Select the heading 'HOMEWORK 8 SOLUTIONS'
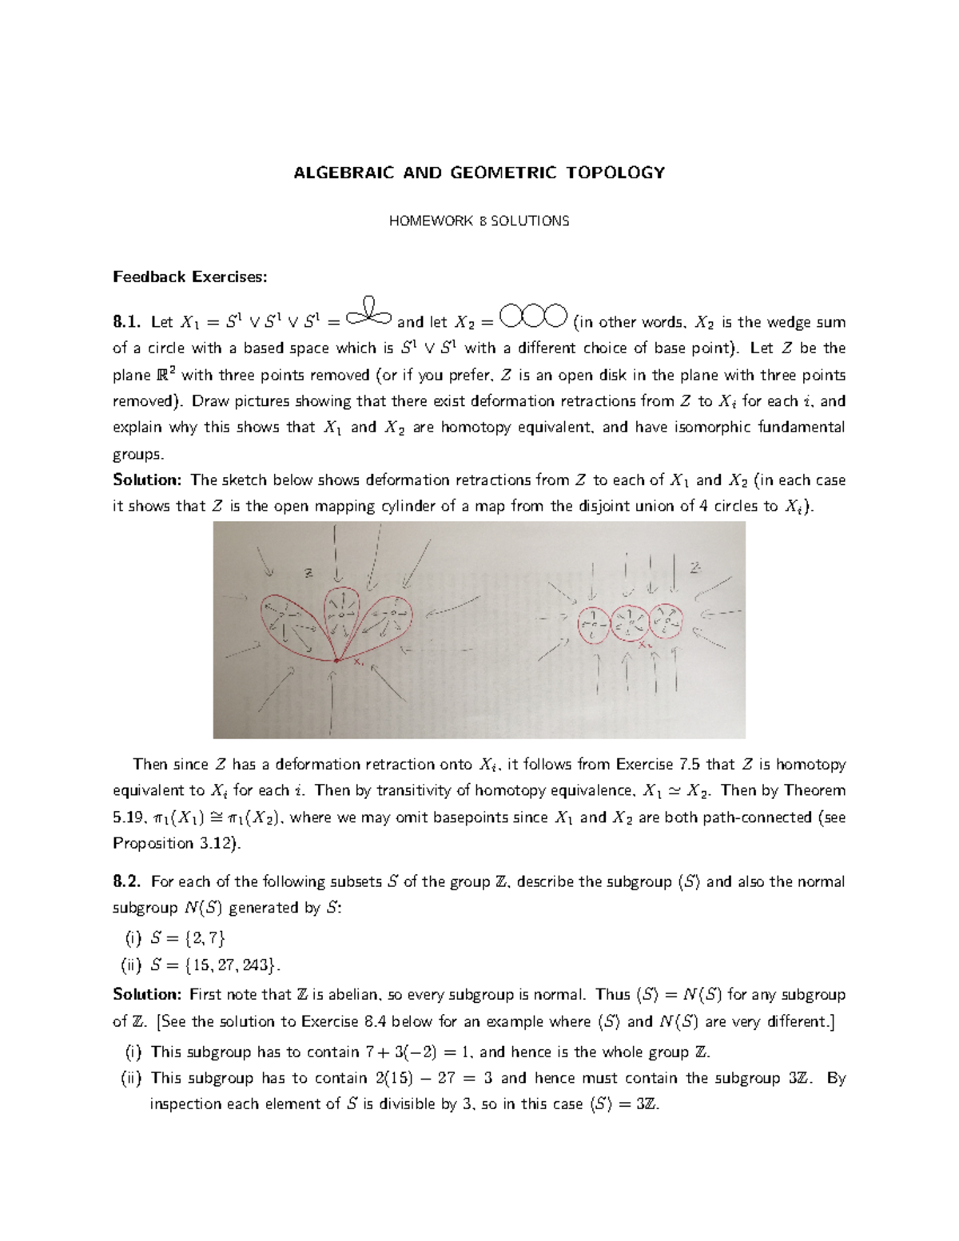coord(479,221)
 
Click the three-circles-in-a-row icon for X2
coord(532,318)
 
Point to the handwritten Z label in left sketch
coord(308,572)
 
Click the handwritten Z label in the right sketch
coord(695,567)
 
